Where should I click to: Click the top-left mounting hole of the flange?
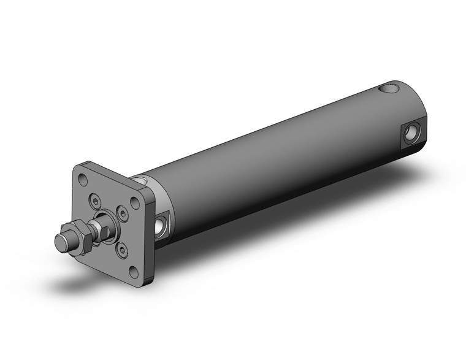pos(83,180)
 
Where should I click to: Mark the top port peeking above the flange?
pos(142,180)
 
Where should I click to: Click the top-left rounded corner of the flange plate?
pos(77,170)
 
